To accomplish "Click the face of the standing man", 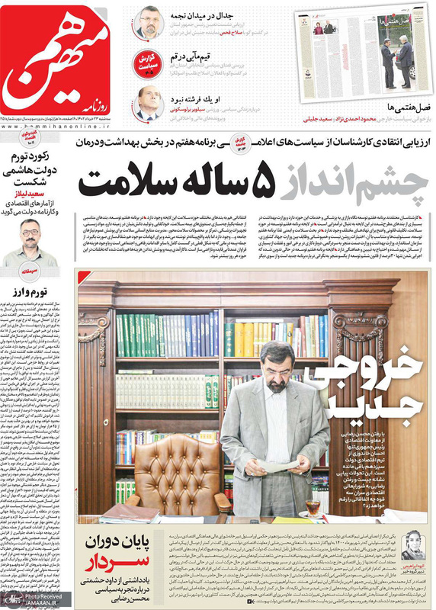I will [x=273, y=358].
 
